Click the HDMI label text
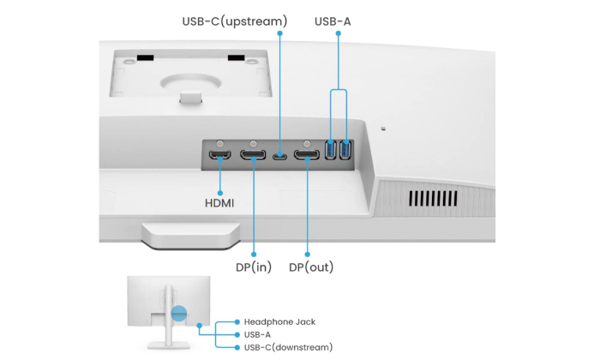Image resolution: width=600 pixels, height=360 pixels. (219, 203)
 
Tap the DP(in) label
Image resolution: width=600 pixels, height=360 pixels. (254, 267)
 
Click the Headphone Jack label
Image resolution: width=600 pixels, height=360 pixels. (279, 321)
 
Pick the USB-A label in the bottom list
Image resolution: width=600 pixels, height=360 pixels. (257, 334)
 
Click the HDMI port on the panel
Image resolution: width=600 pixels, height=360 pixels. (219, 156)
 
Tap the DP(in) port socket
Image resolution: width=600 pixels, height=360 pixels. (253, 156)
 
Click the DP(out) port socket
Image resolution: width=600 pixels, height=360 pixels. (307, 156)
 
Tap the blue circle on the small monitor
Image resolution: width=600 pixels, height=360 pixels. (177, 313)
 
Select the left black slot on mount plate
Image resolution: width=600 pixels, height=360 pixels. (147, 58)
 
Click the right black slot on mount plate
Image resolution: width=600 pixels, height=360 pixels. (236, 58)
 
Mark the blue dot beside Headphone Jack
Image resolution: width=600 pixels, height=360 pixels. (237, 321)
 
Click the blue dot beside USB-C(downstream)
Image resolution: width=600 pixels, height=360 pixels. (237, 346)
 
